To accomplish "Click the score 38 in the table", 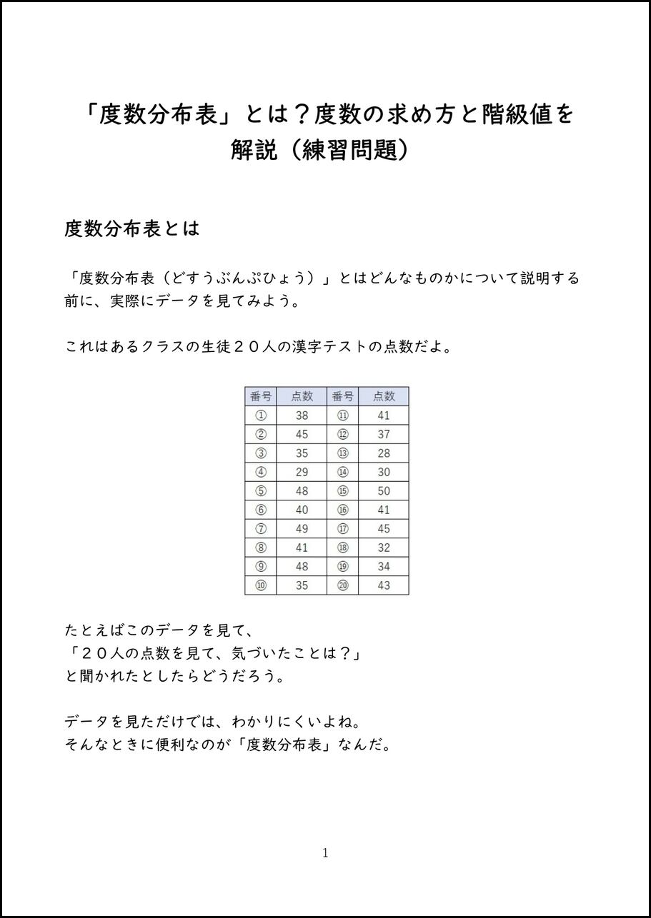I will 302,415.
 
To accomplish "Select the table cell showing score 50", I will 384,491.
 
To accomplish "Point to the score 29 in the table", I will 302,472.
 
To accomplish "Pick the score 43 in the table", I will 384,585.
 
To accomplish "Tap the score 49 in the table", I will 302,529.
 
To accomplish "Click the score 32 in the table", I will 384,548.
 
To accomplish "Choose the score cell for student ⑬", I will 384,453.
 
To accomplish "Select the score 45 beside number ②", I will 302,434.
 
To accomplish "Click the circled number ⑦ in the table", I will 261,529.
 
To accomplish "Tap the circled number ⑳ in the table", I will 343,585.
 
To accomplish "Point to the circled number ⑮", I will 343,491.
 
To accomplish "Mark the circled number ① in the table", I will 261,415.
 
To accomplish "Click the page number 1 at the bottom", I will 325,852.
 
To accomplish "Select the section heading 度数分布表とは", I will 131,229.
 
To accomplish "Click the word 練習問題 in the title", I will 349,150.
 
